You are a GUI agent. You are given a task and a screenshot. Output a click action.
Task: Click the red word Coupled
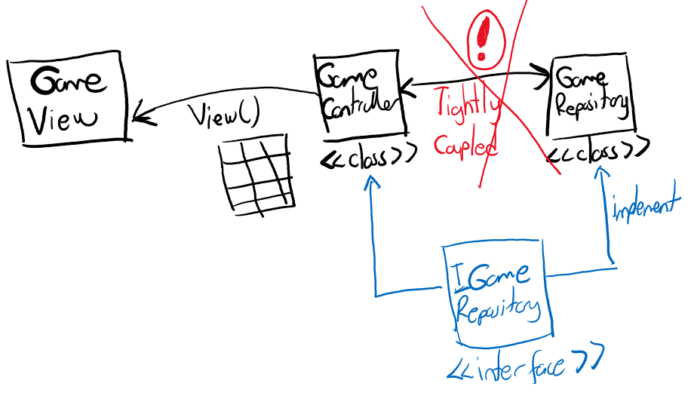(465, 145)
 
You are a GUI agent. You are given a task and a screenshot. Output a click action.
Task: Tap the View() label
(223, 115)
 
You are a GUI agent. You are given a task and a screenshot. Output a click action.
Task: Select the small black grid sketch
(256, 176)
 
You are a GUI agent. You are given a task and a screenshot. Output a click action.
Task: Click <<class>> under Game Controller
(367, 158)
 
